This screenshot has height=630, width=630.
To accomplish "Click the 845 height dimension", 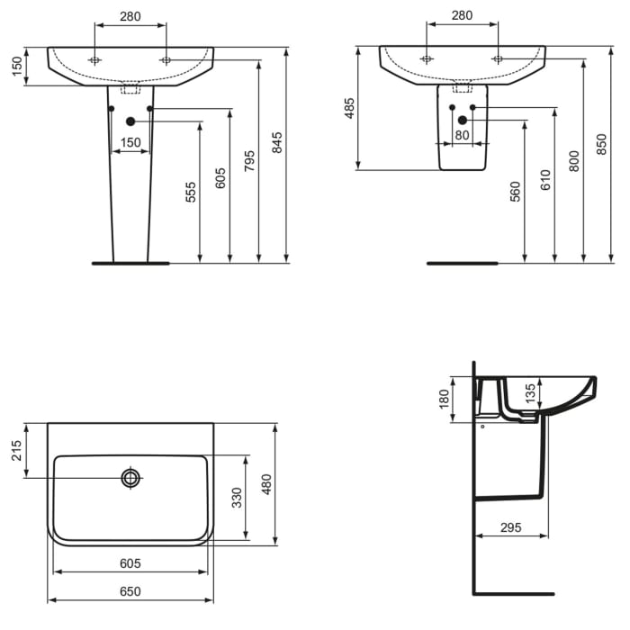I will coord(277,143).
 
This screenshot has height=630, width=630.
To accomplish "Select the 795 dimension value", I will coord(249,159).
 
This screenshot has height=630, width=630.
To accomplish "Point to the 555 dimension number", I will coord(191,192).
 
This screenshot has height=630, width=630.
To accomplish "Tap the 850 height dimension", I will coord(601,143).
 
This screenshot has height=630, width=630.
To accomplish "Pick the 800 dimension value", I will coord(573,160).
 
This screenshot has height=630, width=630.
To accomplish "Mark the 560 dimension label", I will coord(515,193).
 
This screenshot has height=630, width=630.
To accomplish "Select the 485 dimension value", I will coord(350,108).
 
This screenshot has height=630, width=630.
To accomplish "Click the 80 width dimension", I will coord(463,136).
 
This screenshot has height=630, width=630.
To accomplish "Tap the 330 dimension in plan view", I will coord(238,498).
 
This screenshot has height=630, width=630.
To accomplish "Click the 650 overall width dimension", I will coord(130,591).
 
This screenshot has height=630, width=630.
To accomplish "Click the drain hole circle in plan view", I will coord(131,478).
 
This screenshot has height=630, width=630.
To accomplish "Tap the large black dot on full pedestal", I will coord(131,121).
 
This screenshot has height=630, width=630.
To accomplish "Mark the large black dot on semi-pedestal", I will coord(463,121).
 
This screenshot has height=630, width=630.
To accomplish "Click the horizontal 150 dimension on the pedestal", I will coord(131,142).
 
